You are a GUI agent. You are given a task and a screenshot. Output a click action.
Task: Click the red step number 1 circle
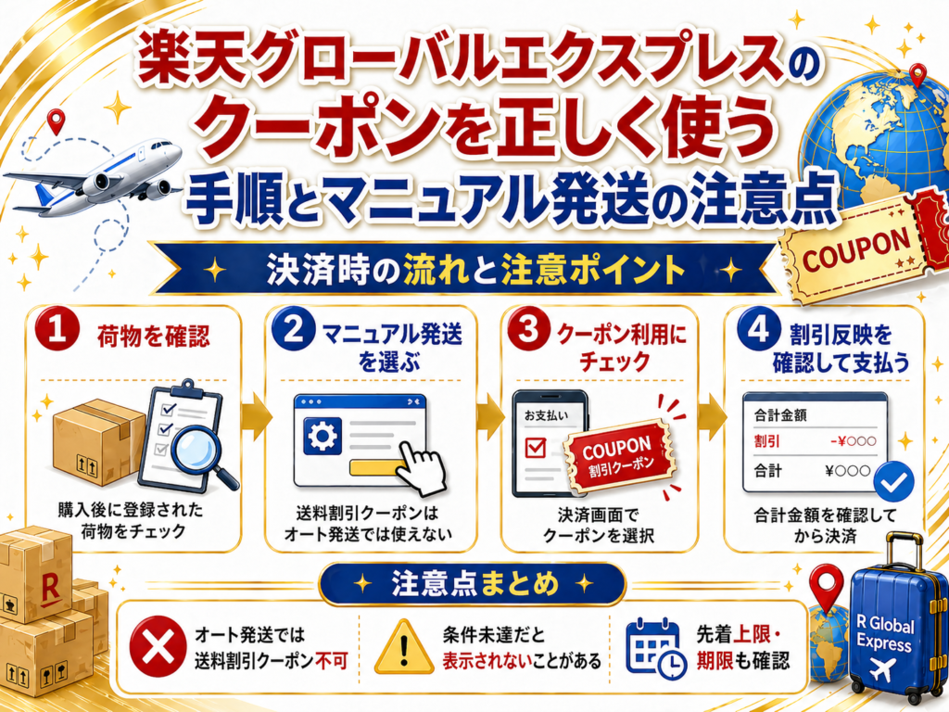tap(57, 332)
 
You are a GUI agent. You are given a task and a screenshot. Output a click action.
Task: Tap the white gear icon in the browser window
tap(322, 436)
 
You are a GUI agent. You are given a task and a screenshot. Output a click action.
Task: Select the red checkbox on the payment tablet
tap(536, 448)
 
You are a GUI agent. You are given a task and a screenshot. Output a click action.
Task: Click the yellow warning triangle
tap(404, 648)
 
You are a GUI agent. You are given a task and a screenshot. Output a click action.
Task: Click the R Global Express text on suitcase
tap(885, 633)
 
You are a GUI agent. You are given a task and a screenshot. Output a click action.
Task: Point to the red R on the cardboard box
tap(50, 589)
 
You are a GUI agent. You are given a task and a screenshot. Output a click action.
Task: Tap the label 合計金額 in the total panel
tap(780, 416)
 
